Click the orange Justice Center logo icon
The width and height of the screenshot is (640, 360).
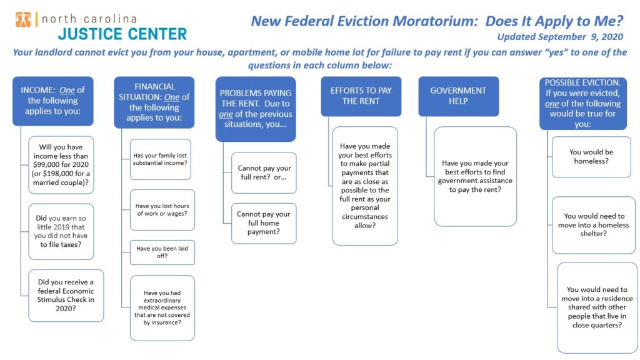(x=23, y=19)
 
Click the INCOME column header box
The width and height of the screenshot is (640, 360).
(x=53, y=101)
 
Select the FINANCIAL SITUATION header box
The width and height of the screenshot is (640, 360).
(x=154, y=102)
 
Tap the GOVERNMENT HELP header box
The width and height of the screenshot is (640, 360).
(x=458, y=96)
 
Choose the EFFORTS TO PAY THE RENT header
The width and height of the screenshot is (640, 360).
(x=361, y=96)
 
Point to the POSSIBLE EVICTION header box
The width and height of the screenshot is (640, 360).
(x=583, y=103)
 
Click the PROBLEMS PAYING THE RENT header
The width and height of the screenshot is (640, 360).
(x=256, y=109)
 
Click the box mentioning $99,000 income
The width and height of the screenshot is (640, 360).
(x=61, y=165)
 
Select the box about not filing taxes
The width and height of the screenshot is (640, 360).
(x=61, y=231)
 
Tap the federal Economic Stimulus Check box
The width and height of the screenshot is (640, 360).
(x=66, y=296)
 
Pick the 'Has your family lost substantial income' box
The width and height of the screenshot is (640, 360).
(x=161, y=159)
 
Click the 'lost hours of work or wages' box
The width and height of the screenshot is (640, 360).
(x=162, y=210)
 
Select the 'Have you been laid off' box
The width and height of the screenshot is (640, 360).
(x=162, y=252)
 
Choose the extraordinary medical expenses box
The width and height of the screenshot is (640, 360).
(x=162, y=307)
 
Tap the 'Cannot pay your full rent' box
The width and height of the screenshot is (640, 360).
(x=264, y=172)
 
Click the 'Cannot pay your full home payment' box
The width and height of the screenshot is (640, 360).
(x=264, y=223)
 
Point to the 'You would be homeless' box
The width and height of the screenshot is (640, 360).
(x=591, y=157)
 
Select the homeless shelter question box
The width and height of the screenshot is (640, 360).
(x=594, y=225)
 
